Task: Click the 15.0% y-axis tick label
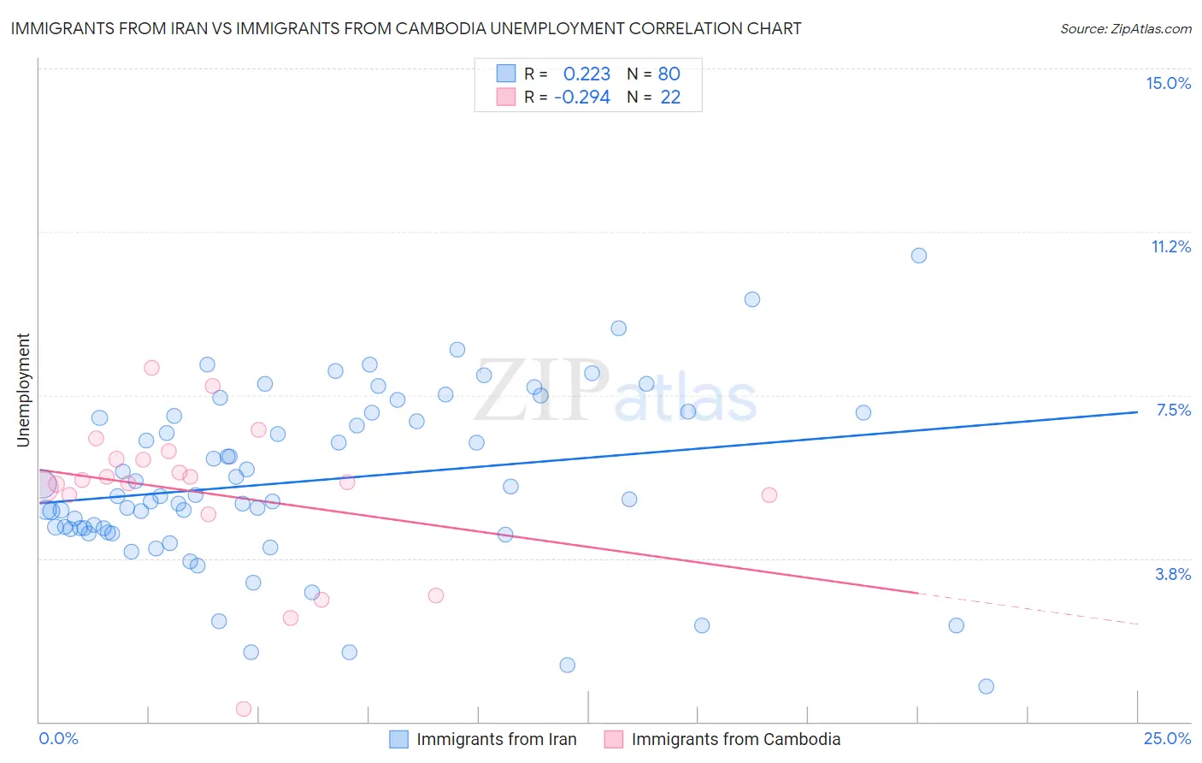pos(1168,83)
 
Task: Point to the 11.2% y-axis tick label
pos(1170,246)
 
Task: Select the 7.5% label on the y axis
pos(1173,410)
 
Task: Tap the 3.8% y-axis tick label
pos(1173,574)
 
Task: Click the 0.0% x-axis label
pos(58,738)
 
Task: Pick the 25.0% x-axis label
pos(1167,738)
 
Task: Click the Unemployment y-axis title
pos(23,390)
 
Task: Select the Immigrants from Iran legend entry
pos(496,739)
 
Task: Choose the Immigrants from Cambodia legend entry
pos(735,739)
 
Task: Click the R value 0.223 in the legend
pos(586,74)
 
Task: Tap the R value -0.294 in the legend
pos(582,98)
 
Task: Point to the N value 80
pos(669,74)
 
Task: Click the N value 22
pos(670,98)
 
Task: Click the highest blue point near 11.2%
pos(919,255)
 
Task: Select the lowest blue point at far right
pos(986,686)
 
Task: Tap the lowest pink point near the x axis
pos(244,708)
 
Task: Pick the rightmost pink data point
pos(769,494)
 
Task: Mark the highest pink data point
pos(151,368)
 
